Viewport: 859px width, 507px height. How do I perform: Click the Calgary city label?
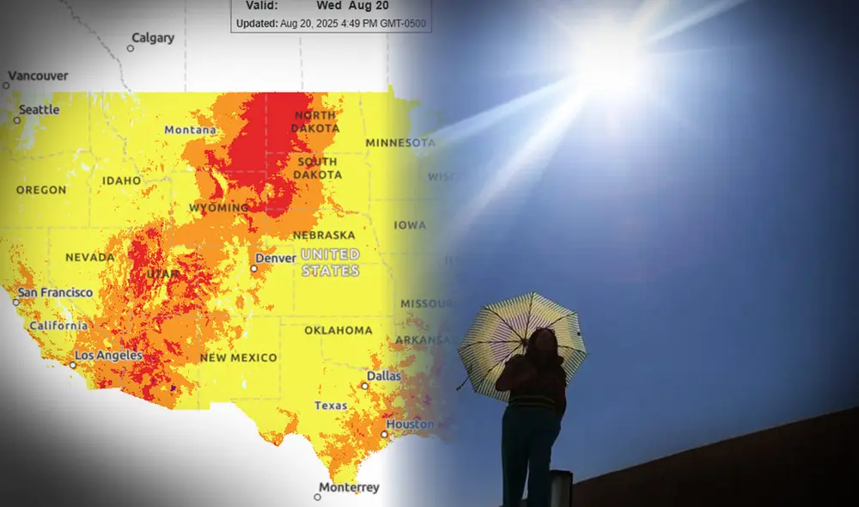tap(152, 38)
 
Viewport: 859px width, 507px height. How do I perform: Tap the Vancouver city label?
tap(39, 76)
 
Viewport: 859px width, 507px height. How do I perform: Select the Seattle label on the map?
tap(39, 110)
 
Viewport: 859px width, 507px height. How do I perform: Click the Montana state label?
tap(191, 130)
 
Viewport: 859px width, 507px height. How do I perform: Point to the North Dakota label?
tap(316, 122)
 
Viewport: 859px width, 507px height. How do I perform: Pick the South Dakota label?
tap(319, 168)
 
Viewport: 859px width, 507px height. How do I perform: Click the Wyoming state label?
tap(218, 208)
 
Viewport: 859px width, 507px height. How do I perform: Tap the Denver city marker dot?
tap(254, 268)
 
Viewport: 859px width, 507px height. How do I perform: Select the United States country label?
tap(330, 262)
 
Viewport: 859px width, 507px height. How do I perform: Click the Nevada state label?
tap(89, 257)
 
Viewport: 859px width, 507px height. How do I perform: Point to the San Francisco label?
tap(55, 293)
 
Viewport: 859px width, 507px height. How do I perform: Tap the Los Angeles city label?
tap(107, 355)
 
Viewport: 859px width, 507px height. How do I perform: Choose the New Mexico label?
tap(239, 357)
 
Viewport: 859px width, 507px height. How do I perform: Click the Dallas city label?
tap(383, 376)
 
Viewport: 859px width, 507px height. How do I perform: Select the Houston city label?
tap(410, 425)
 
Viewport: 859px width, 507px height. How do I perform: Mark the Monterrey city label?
tap(349, 488)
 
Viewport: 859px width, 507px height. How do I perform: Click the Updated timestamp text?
tap(331, 23)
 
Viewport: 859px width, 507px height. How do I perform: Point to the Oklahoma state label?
tap(338, 330)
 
